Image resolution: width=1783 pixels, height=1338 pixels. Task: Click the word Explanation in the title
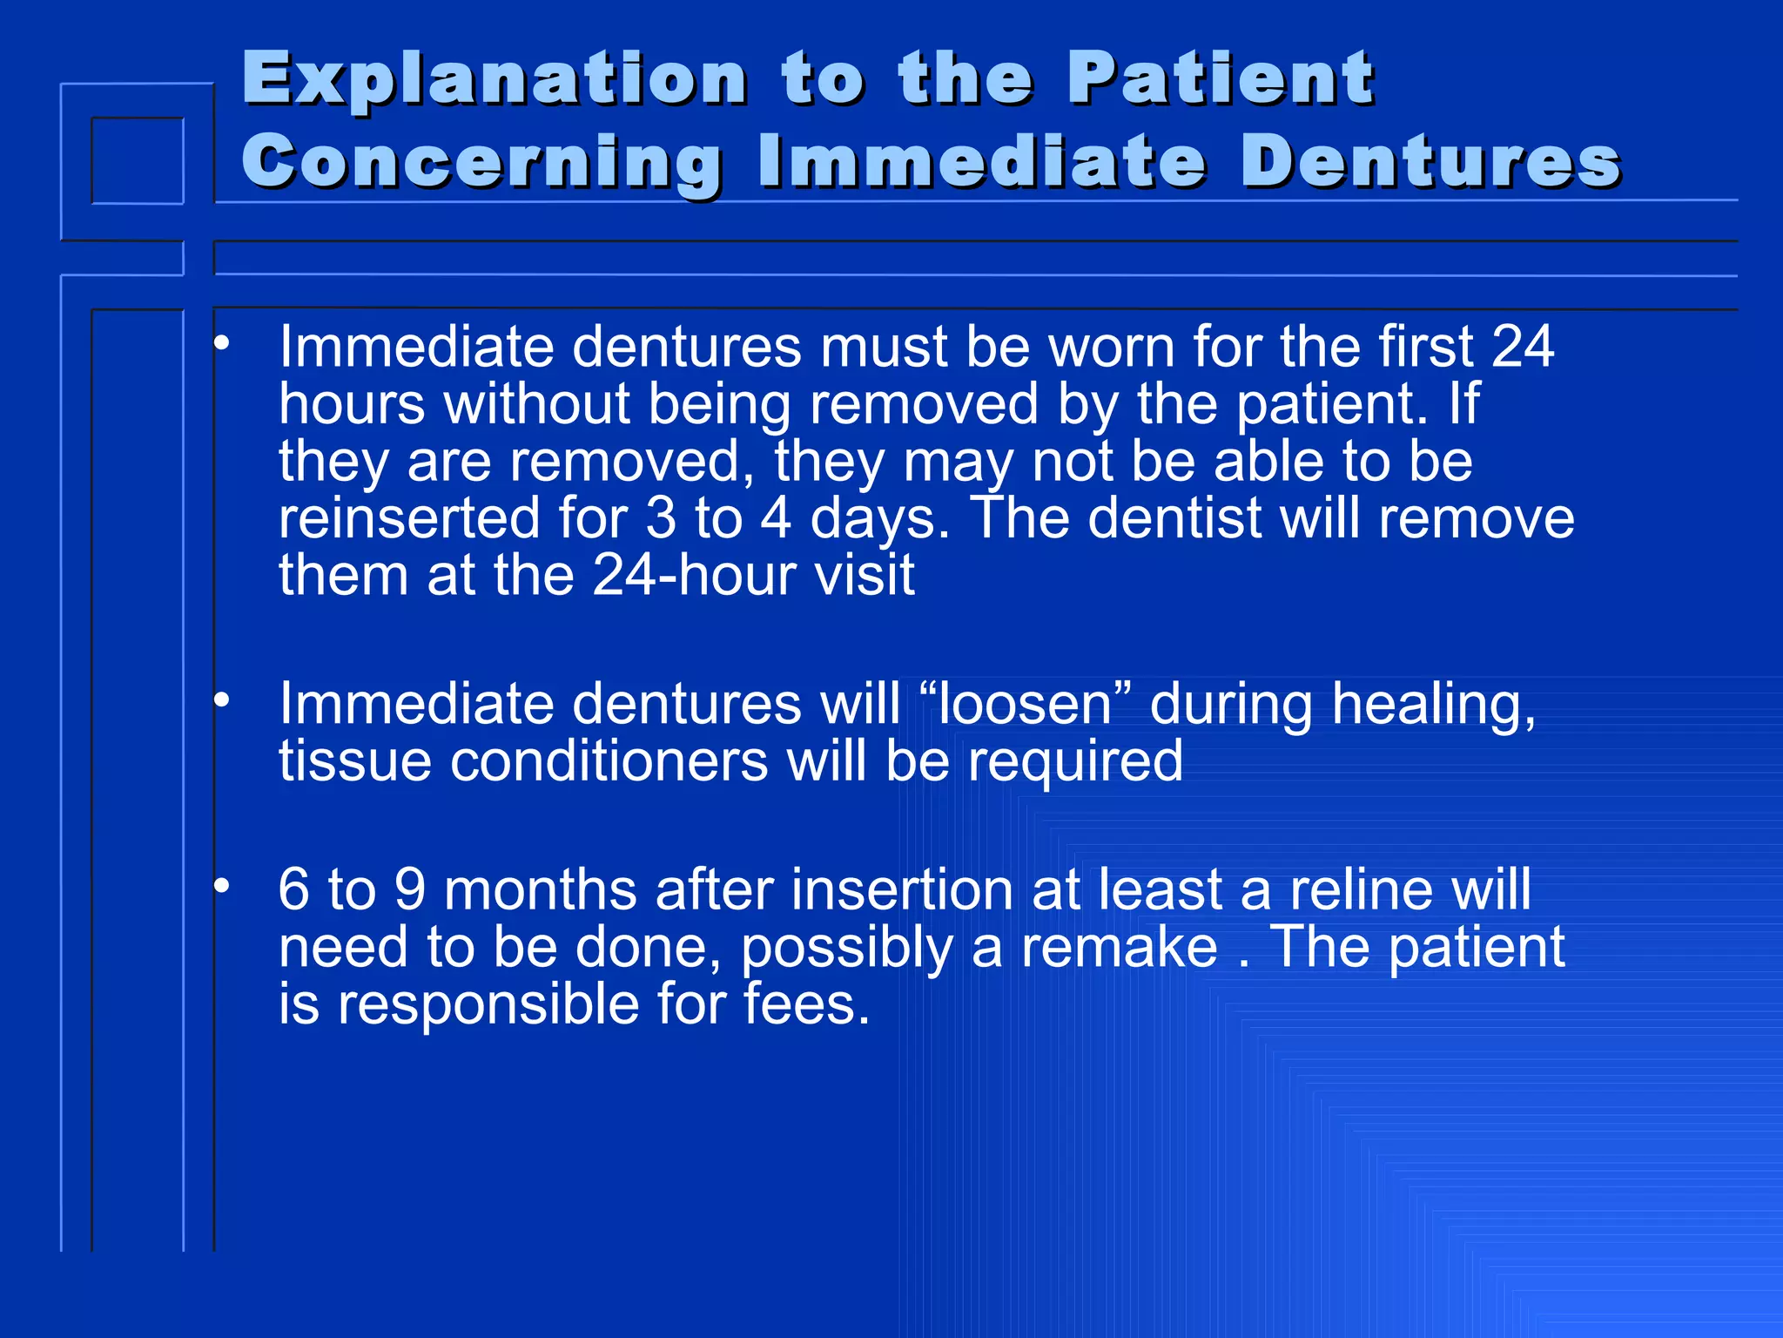click(x=494, y=80)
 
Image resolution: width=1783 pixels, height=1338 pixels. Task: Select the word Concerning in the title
click(x=481, y=163)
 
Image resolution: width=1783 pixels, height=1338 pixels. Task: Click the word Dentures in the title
click(x=1430, y=162)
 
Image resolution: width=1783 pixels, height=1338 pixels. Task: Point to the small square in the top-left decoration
click(x=138, y=161)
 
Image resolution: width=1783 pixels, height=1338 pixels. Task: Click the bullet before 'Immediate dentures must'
click(x=222, y=342)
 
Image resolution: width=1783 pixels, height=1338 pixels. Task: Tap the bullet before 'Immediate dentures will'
click(x=222, y=699)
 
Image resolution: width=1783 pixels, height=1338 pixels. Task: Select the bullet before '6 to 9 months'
click(x=222, y=886)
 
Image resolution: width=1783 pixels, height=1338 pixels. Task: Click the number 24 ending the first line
click(x=1522, y=348)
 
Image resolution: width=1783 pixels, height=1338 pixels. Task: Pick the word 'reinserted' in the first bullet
click(x=409, y=518)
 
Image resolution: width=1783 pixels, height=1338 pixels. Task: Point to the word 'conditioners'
click(x=609, y=761)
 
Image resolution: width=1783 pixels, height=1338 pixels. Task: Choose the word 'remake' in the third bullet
click(x=1119, y=948)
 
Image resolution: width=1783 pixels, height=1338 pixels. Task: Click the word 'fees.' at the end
click(x=806, y=1004)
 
